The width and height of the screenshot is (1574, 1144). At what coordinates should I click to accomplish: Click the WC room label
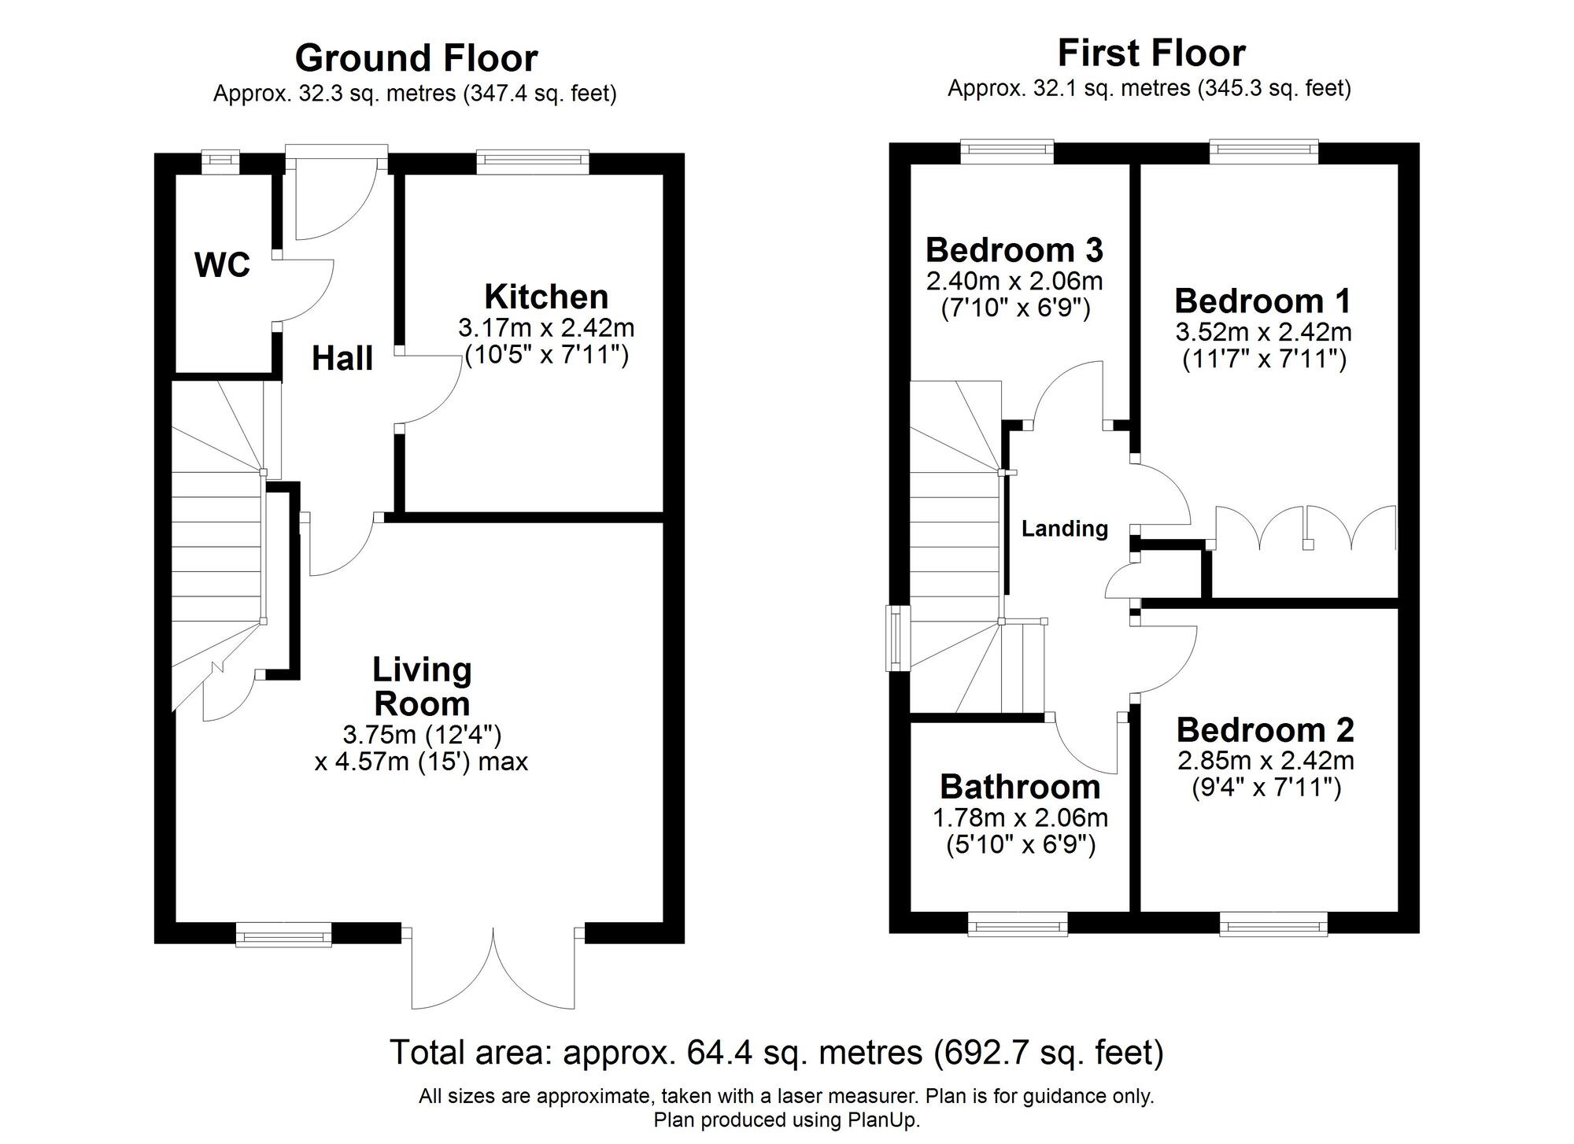tap(222, 265)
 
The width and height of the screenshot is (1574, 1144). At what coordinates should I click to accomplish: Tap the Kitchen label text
tap(546, 297)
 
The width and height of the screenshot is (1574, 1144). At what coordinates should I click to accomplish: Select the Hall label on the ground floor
tap(342, 359)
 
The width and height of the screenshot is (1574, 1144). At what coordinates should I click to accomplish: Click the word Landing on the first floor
tap(1064, 529)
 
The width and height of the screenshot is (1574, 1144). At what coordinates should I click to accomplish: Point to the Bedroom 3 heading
tap(1014, 250)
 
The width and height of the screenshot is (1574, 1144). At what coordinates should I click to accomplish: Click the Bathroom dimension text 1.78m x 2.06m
tap(1020, 818)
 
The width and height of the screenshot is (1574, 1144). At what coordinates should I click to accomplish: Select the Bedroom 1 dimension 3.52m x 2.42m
tap(1263, 332)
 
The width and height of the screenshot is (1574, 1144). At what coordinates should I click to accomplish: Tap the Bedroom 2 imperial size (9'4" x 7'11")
tap(1265, 788)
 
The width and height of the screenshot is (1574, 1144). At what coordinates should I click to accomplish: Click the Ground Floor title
tap(416, 58)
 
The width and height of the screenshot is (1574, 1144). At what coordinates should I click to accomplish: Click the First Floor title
tap(1151, 54)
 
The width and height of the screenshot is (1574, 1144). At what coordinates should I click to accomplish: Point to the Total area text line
tap(776, 1052)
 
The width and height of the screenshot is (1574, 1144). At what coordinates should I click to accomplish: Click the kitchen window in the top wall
tap(533, 161)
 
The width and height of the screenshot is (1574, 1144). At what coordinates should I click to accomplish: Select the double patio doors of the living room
tap(494, 968)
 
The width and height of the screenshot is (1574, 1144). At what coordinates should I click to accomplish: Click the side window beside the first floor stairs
tap(896, 637)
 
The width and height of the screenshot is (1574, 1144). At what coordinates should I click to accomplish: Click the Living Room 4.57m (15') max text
tap(421, 762)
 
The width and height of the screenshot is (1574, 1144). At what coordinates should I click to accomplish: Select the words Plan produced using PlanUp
tap(786, 1120)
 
